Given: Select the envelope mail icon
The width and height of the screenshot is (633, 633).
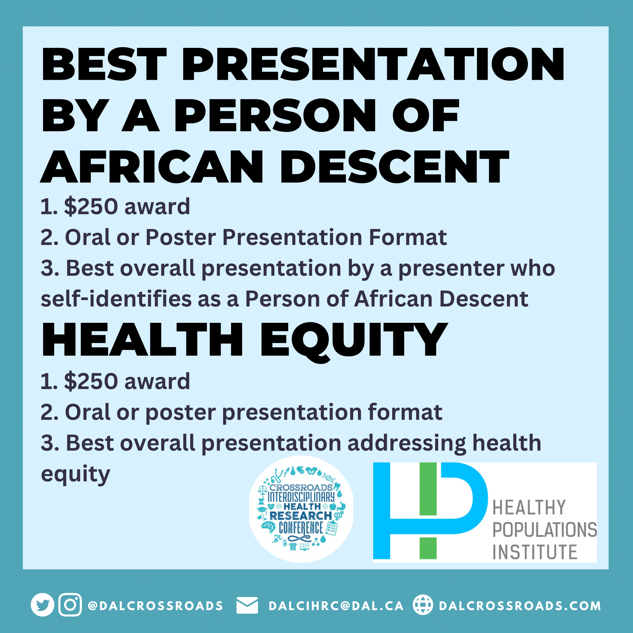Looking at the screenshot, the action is pos(247,605).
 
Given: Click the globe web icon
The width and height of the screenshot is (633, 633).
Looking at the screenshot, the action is pos(423,605).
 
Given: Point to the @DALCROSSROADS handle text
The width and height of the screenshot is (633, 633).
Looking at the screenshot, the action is pos(156,606).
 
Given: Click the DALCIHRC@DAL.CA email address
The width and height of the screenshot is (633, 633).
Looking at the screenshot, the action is pos(336,606).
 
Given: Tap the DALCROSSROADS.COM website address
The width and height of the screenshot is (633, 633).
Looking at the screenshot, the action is pos(520,606).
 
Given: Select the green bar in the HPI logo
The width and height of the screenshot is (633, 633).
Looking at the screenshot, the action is pos(428,511).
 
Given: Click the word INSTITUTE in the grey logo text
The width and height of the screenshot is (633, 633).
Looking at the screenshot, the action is pos(535,552).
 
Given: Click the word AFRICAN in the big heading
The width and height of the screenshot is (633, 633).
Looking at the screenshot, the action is pos(152,166).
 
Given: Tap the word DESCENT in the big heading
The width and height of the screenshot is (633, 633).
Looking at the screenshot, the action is pos(394,166).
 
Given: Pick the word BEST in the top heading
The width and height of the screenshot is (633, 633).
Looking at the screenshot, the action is pos(104,64).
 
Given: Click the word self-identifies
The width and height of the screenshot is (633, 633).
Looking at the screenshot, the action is pos(116,298).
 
